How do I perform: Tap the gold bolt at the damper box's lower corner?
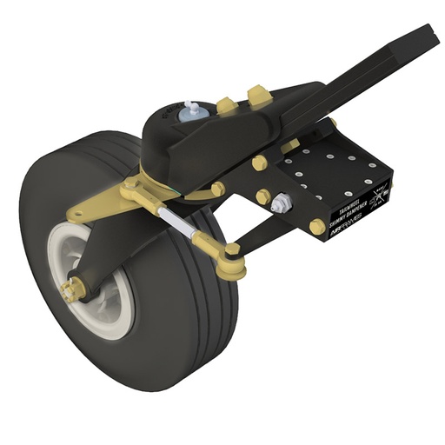(317, 227)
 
